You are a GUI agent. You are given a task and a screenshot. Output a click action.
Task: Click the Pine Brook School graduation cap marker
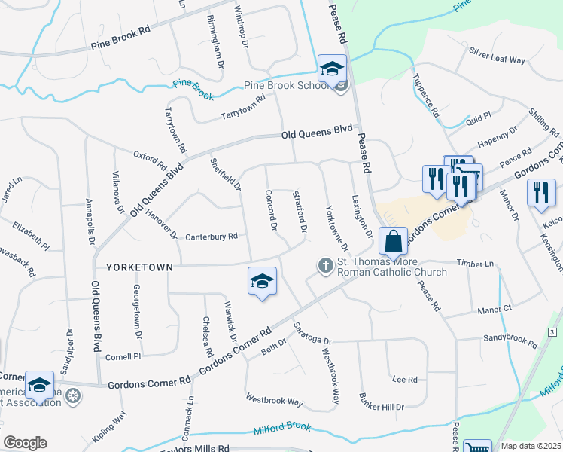click(331, 69)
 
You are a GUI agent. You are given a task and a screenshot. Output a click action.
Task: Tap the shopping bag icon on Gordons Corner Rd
click(393, 242)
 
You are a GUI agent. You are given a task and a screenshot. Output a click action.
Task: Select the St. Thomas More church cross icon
click(325, 265)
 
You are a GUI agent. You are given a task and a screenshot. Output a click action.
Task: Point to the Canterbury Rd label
click(212, 236)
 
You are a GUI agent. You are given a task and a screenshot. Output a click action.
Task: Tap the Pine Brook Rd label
click(120, 45)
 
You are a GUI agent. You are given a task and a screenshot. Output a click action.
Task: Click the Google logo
click(26, 442)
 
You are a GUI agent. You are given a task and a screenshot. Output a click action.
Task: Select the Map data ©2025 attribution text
click(531, 446)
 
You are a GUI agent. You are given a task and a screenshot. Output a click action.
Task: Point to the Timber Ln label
click(478, 264)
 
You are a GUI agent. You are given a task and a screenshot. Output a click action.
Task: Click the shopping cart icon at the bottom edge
click(477, 447)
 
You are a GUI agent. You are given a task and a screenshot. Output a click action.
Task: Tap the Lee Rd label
click(405, 379)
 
